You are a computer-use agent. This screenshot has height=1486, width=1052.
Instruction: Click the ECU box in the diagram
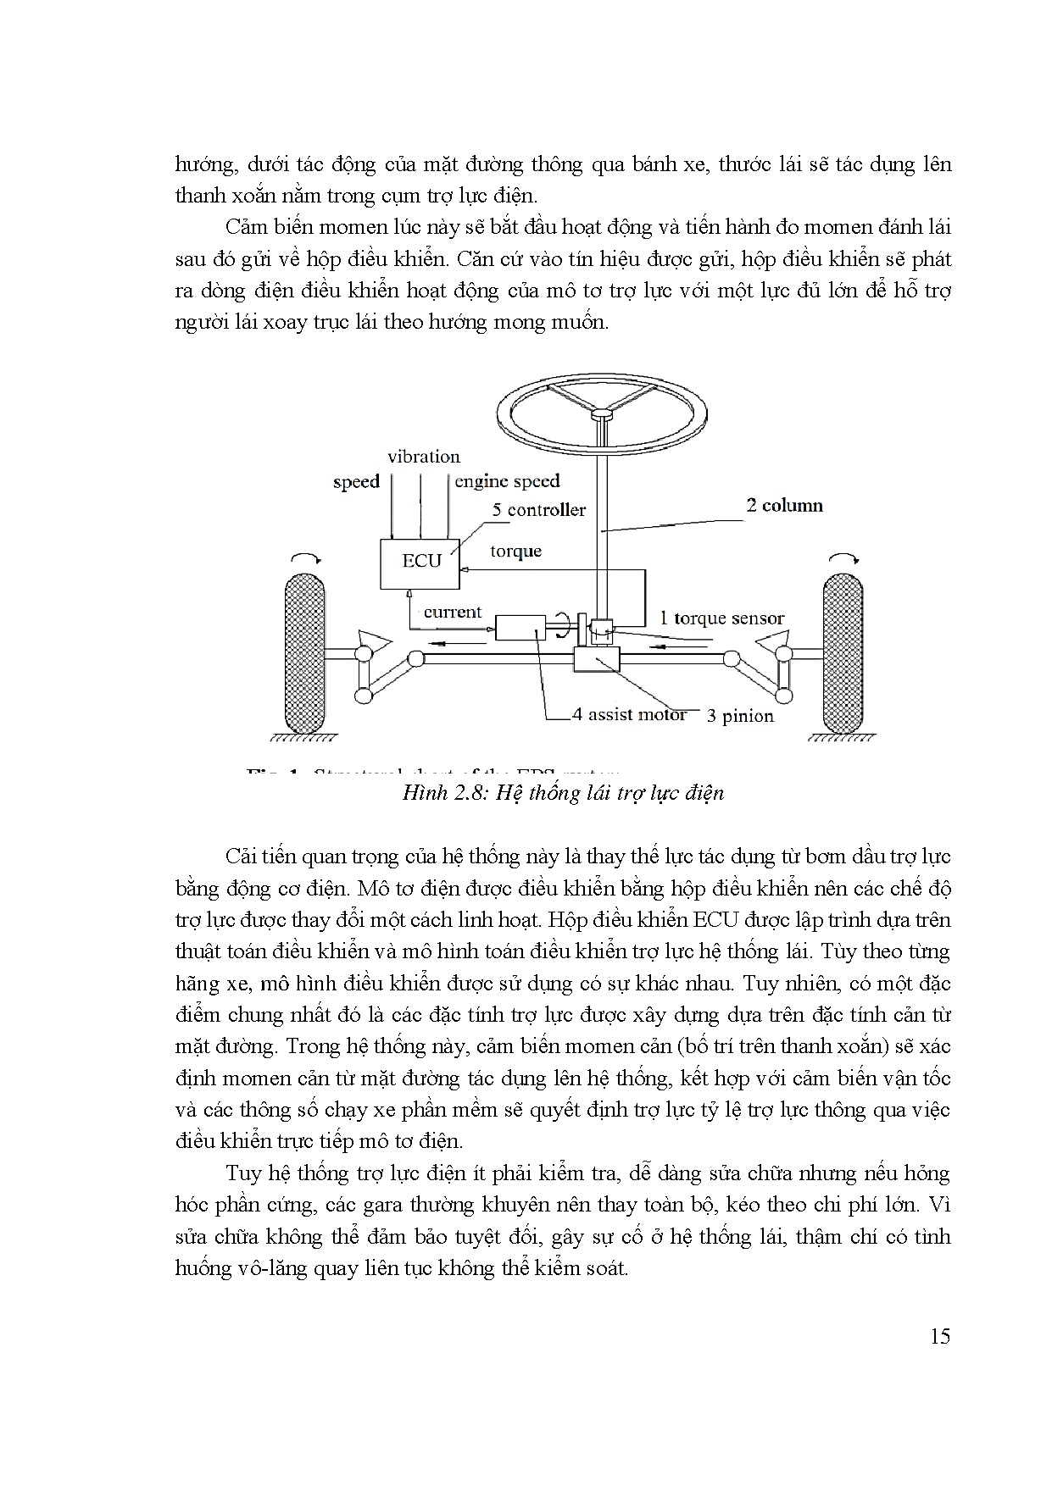tap(420, 563)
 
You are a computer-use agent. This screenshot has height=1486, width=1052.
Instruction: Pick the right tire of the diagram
tap(843, 653)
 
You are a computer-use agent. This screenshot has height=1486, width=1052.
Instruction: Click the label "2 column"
tap(783, 506)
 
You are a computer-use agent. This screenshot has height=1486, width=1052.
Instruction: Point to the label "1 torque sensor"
tap(721, 618)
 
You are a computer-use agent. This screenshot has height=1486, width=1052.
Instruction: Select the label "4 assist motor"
tap(629, 714)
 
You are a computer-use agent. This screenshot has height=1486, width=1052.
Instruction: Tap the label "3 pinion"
tap(740, 716)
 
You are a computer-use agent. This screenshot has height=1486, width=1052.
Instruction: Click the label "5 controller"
tap(539, 510)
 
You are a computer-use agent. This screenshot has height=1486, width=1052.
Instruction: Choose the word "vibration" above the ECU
tap(424, 457)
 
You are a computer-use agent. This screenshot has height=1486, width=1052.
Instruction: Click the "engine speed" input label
tap(507, 482)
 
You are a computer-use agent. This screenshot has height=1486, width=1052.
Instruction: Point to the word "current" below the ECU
tap(452, 612)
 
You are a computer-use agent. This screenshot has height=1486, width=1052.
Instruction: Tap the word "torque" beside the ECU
tap(515, 552)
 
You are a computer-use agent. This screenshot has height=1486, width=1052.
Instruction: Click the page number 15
tap(939, 1337)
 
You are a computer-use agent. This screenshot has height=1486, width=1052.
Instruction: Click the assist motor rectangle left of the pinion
tap(520, 628)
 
